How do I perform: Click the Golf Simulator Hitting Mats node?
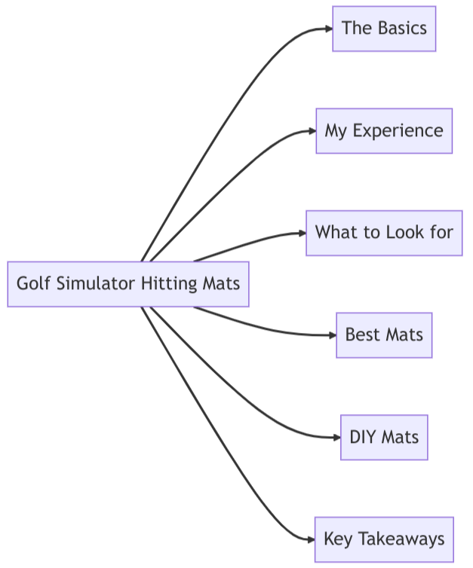pos(128,284)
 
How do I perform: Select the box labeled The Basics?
pos(384,29)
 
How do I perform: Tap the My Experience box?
pos(384,131)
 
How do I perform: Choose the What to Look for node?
pos(384,233)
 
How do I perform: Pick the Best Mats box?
pos(384,334)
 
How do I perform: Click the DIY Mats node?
pos(384,437)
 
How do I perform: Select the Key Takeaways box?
pos(384,539)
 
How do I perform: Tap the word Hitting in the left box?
pos(170,284)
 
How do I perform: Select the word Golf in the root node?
pos(31,284)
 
